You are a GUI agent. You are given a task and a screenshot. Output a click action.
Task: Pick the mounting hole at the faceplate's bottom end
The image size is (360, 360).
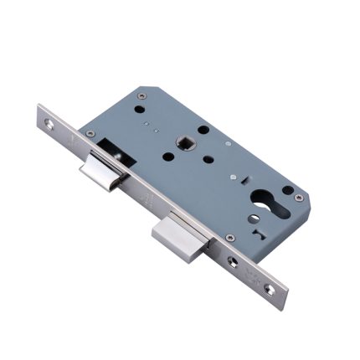[x=270, y=288]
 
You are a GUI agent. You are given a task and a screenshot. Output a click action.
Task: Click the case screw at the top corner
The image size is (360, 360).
[x=140, y=98]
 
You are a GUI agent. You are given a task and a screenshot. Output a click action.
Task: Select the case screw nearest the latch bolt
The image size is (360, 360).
[x=90, y=134]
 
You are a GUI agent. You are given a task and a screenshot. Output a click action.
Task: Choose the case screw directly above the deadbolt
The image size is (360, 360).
[x=229, y=237]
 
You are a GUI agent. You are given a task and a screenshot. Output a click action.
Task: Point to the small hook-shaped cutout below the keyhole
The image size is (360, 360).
[x=265, y=238]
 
